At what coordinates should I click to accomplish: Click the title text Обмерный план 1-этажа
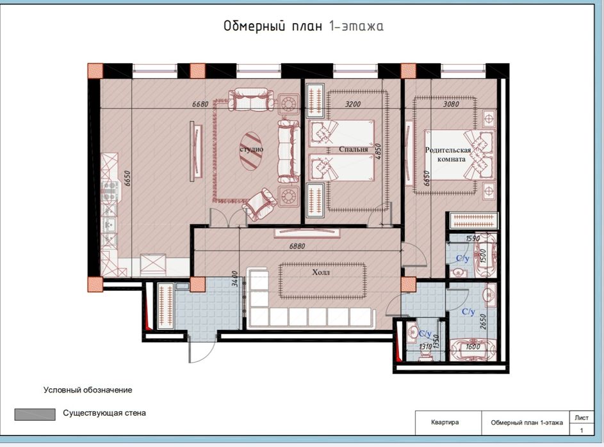[303, 26]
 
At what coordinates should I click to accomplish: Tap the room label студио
[252, 149]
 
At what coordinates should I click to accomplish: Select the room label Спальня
[354, 150]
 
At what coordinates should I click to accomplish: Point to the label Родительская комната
[448, 155]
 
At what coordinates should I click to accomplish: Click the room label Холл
[323, 272]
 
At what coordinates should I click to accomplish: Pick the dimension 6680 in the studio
[200, 104]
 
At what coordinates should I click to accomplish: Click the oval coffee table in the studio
[250, 150]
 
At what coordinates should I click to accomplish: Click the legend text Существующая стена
[104, 413]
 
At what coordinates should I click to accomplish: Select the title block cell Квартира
[445, 423]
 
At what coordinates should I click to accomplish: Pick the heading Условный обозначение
[88, 389]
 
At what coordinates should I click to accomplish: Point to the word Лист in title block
[582, 416]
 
